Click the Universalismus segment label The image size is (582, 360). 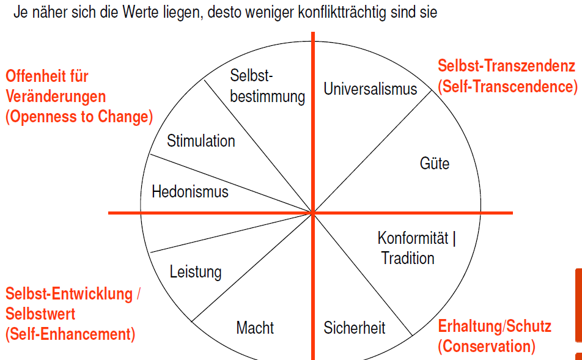[370, 89]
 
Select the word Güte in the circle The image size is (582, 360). [435, 164]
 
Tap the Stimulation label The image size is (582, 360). [201, 141]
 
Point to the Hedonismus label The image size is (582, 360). [190, 192]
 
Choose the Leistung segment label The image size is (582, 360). [196, 271]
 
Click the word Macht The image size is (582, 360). [255, 328]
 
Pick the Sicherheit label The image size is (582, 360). [355, 328]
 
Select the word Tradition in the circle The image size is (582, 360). [408, 258]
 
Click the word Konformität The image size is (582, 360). [413, 238]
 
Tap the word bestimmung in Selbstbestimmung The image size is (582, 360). [267, 97]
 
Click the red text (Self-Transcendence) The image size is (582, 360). [507, 87]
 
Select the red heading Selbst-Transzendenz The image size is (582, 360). [506, 66]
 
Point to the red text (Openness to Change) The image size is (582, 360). [79, 117]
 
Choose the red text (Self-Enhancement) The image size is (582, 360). [70, 334]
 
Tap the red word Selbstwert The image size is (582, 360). [40, 314]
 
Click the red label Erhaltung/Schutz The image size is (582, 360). [495, 326]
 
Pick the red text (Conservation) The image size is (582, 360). [486, 347]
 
